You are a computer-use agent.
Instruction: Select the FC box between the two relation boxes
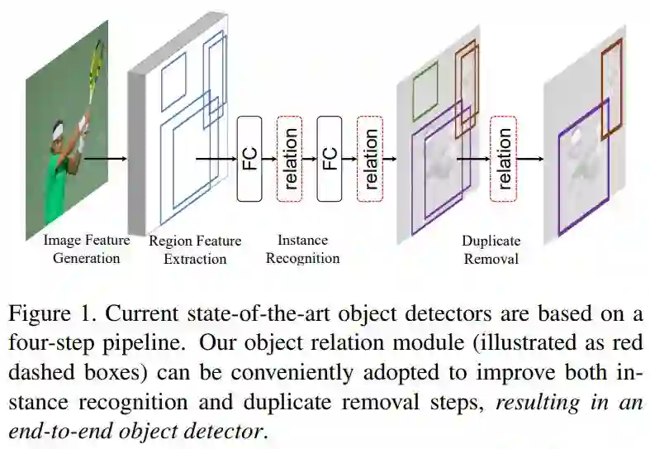[330, 159]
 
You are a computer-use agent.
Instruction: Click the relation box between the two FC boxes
[290, 159]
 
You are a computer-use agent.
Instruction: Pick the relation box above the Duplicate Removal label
[502, 159]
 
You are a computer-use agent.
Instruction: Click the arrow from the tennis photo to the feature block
[106, 158]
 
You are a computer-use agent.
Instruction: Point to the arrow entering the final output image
[530, 159]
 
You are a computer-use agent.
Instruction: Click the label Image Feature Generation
[87, 249]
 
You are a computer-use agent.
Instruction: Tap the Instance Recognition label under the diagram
[302, 249]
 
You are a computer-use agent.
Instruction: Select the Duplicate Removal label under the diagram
[491, 250]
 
